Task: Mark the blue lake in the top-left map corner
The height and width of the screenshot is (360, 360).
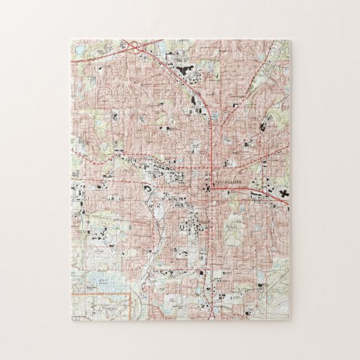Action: point(80,50)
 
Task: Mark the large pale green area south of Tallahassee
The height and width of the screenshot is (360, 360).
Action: point(234,231)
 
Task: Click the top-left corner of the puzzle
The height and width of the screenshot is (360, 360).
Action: point(71,39)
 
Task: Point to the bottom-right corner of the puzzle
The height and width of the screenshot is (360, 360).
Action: point(289,320)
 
